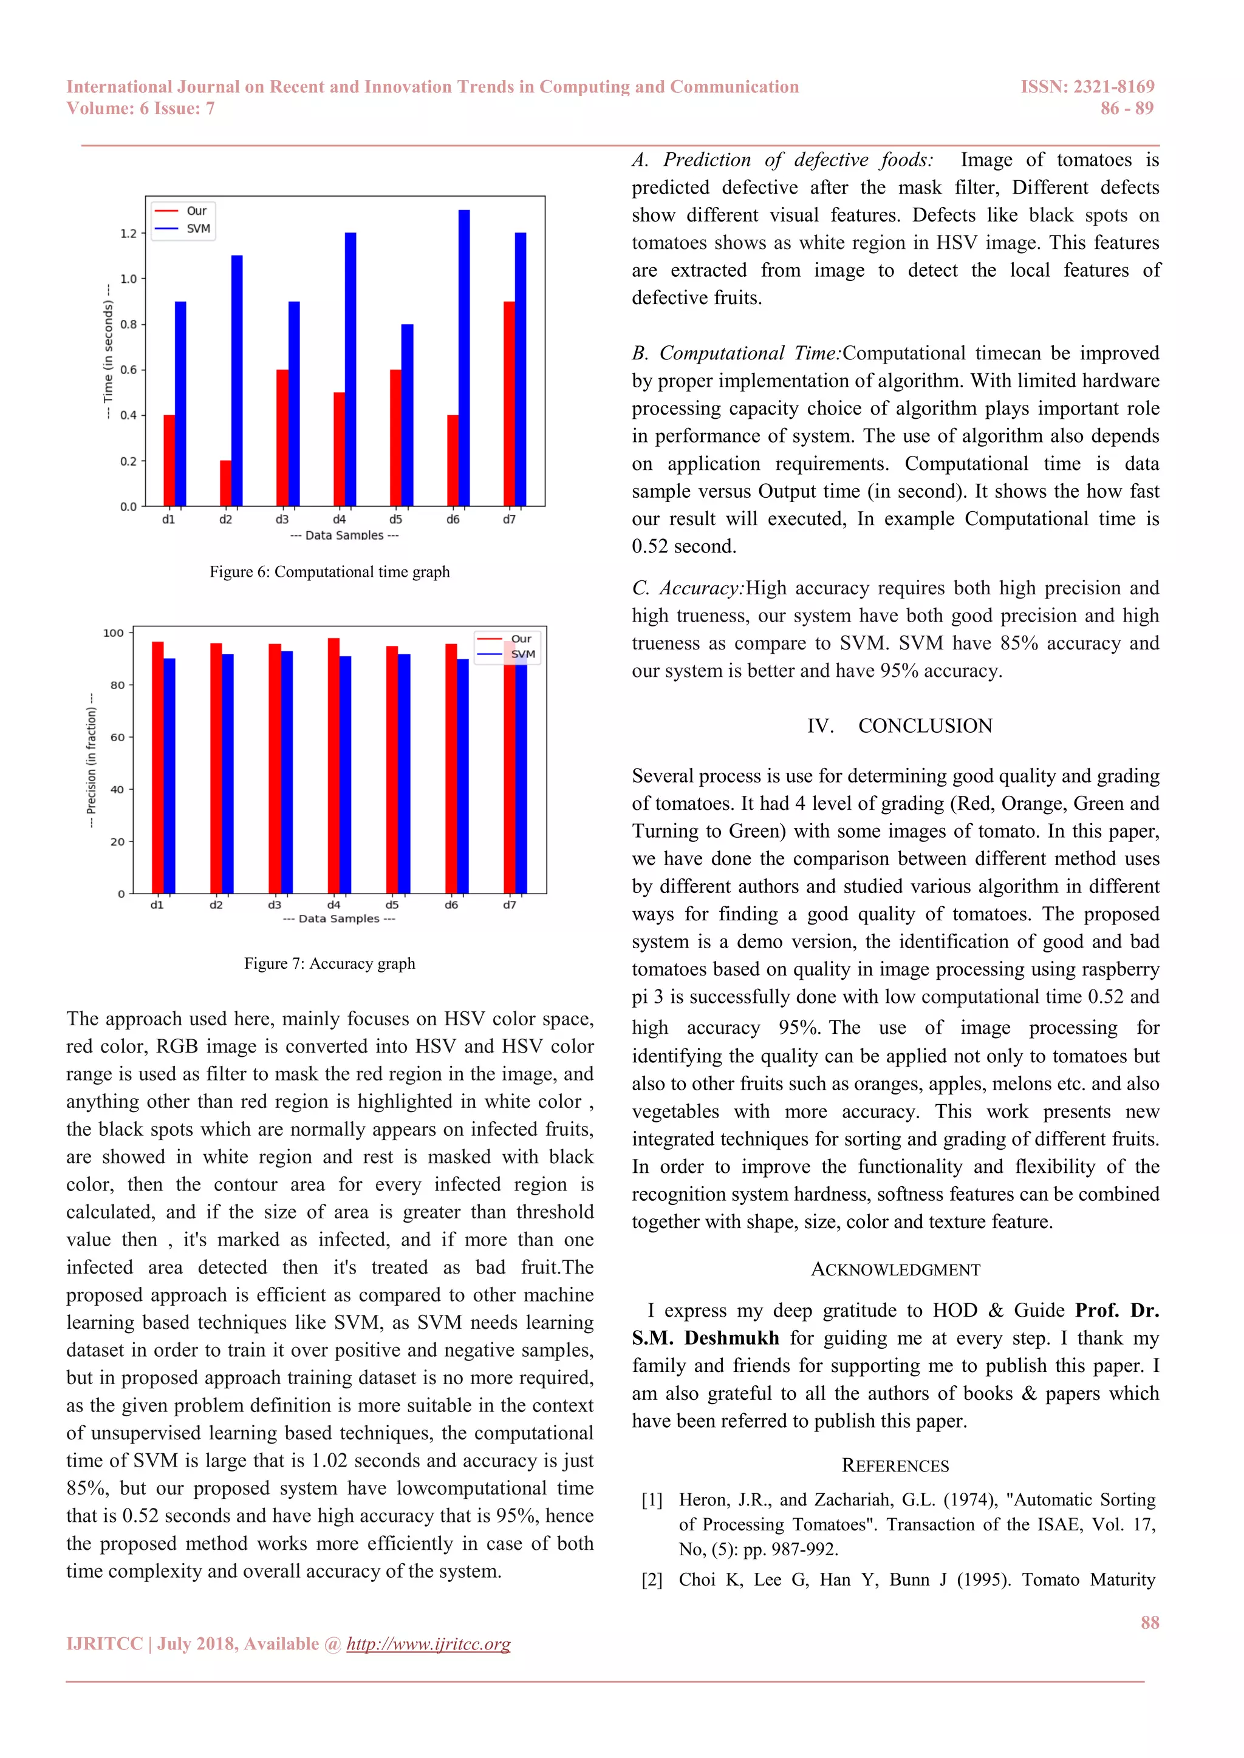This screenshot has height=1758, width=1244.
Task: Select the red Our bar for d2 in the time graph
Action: (225, 483)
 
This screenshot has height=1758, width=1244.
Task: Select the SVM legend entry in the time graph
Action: (197, 228)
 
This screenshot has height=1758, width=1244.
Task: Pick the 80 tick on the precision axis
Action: (117, 685)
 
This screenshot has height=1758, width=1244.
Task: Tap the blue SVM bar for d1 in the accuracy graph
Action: (169, 776)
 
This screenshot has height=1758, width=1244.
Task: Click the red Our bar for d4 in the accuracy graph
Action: (334, 765)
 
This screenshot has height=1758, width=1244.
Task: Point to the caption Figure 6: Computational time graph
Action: (329, 572)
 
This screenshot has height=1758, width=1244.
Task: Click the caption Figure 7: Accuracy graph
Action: (329, 963)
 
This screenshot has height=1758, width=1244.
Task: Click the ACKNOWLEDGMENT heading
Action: (895, 1269)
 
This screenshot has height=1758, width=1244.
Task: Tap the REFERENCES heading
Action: (895, 1465)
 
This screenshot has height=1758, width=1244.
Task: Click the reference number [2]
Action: (652, 1580)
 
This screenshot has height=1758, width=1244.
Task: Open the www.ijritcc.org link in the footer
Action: (428, 1644)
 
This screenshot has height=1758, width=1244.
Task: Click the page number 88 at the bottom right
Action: (1149, 1623)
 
